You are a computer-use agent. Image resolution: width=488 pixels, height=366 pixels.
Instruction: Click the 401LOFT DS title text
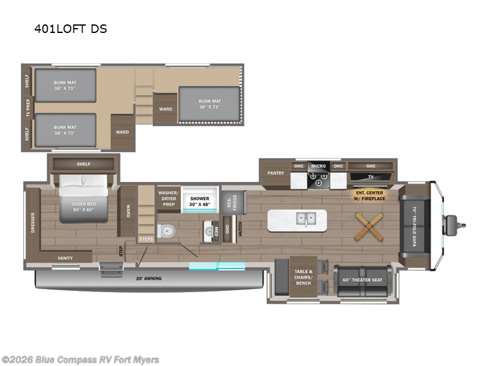tap(70, 29)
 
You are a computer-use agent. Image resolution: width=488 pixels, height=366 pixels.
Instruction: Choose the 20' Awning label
tap(149, 279)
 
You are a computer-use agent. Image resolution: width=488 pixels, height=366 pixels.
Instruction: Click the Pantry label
tap(276, 173)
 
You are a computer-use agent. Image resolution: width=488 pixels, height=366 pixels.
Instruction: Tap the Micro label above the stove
tap(318, 166)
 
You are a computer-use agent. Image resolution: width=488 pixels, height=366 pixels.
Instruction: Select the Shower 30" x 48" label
tap(199, 202)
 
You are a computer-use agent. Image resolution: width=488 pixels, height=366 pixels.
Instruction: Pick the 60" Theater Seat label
tap(362, 281)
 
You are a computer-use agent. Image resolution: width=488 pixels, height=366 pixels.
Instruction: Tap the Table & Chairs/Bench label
tap(303, 278)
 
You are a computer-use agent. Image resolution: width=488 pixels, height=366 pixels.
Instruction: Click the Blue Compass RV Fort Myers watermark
tap(81, 359)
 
